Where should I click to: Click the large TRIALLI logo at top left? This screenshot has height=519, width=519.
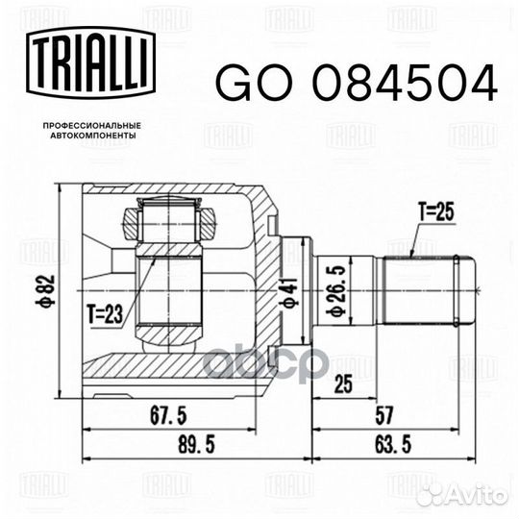click(x=90, y=62)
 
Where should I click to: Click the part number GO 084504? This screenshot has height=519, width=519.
click(x=357, y=83)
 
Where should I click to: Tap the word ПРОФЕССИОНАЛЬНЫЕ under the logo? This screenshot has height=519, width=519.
click(x=92, y=126)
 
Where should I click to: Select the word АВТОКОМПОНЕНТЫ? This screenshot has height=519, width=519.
click(x=93, y=136)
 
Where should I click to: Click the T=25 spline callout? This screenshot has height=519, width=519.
click(x=436, y=211)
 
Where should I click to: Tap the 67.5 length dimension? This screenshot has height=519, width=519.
click(x=168, y=415)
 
